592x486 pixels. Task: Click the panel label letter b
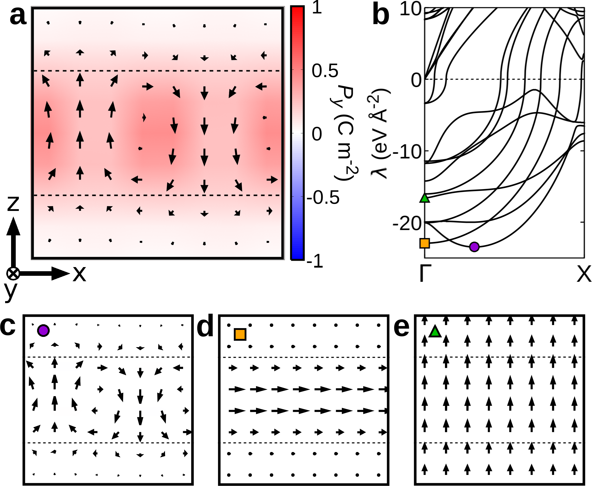pos(381,16)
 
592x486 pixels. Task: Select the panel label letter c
pos(7,326)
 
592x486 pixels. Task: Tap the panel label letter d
pos(205,326)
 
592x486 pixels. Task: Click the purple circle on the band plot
pos(474,247)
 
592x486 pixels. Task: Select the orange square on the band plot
pos(425,243)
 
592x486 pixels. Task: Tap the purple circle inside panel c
pos(43,330)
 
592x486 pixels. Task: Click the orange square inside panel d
pos(240,335)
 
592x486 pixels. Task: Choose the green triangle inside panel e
pos(435,331)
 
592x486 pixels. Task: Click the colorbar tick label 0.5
pos(325,71)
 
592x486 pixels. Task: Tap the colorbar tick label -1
pos(315,262)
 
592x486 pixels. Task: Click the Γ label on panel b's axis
pos(425,273)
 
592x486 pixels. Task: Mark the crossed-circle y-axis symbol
pos(13,274)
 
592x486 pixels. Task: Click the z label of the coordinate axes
pos(13,203)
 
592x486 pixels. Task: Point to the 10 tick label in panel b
pos(411,9)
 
